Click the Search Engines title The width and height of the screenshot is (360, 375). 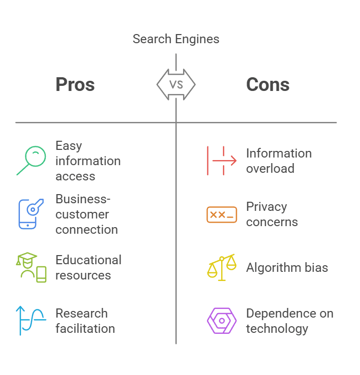click(x=176, y=39)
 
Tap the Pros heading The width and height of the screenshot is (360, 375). click(x=75, y=84)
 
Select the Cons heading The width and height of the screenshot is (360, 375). click(x=268, y=84)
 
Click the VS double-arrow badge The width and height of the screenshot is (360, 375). click(x=176, y=84)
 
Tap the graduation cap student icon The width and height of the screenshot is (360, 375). click(x=31, y=267)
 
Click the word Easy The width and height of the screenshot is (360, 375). click(x=69, y=146)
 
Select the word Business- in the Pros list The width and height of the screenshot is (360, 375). click(x=83, y=199)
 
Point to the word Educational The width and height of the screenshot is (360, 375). click(x=88, y=260)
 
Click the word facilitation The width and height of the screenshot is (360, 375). click(x=85, y=328)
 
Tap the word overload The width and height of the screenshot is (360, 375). click(x=270, y=168)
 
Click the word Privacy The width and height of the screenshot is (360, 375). click(x=266, y=207)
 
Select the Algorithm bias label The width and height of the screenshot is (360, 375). click(x=287, y=268)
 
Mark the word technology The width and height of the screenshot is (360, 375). click(x=277, y=329)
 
